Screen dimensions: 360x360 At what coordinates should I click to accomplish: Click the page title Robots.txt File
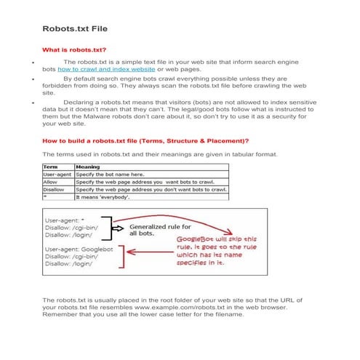pos(74,31)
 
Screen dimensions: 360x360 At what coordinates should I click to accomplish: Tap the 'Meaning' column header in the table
pos(88,167)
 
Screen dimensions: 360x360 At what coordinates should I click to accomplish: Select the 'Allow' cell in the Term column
pos(51,182)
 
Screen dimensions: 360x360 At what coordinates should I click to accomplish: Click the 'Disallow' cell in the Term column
pos(55,189)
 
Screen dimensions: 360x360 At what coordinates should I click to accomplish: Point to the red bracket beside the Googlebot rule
pos(124,258)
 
